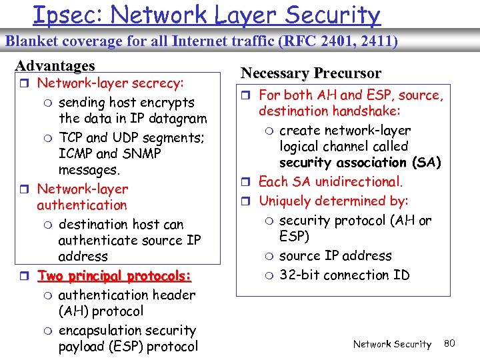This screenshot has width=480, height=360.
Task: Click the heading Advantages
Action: [x=55, y=66]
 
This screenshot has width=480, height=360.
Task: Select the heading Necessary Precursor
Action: [x=311, y=73]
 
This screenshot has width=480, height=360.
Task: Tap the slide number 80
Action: [x=449, y=343]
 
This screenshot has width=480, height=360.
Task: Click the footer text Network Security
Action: [x=392, y=344]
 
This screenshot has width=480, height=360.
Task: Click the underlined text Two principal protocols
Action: [x=115, y=276]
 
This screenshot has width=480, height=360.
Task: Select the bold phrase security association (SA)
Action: [x=360, y=163]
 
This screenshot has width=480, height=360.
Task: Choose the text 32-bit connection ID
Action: [x=344, y=275]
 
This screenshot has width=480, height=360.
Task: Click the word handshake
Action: [x=362, y=111]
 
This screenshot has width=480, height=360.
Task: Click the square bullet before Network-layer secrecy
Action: [x=25, y=84]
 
